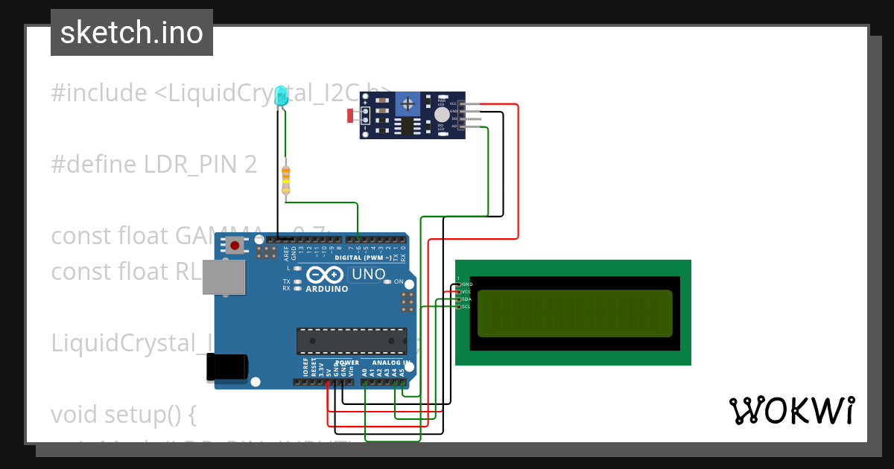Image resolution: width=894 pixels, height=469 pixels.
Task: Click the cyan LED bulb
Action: [281, 95]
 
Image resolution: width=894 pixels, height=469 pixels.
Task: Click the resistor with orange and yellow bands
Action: [286, 179]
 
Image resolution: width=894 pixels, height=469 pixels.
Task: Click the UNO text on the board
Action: [369, 274]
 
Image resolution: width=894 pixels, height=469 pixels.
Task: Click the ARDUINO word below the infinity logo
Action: [326, 288]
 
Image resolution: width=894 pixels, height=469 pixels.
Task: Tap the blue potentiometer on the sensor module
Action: [408, 102]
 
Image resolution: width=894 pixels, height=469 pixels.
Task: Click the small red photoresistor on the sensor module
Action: [351, 115]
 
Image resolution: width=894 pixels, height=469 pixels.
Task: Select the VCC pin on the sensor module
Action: [463, 103]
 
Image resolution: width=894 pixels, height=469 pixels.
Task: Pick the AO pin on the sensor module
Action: [463, 127]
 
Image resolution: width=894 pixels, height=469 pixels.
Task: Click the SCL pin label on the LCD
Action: [466, 307]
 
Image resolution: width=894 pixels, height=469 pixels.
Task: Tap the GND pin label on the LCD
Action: [466, 284]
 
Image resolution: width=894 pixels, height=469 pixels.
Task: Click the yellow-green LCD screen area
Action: [574, 313]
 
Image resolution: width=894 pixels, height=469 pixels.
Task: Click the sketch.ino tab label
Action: [132, 33]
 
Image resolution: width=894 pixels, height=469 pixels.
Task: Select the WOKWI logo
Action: [791, 410]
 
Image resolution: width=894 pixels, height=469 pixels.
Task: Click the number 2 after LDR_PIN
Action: [250, 165]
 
